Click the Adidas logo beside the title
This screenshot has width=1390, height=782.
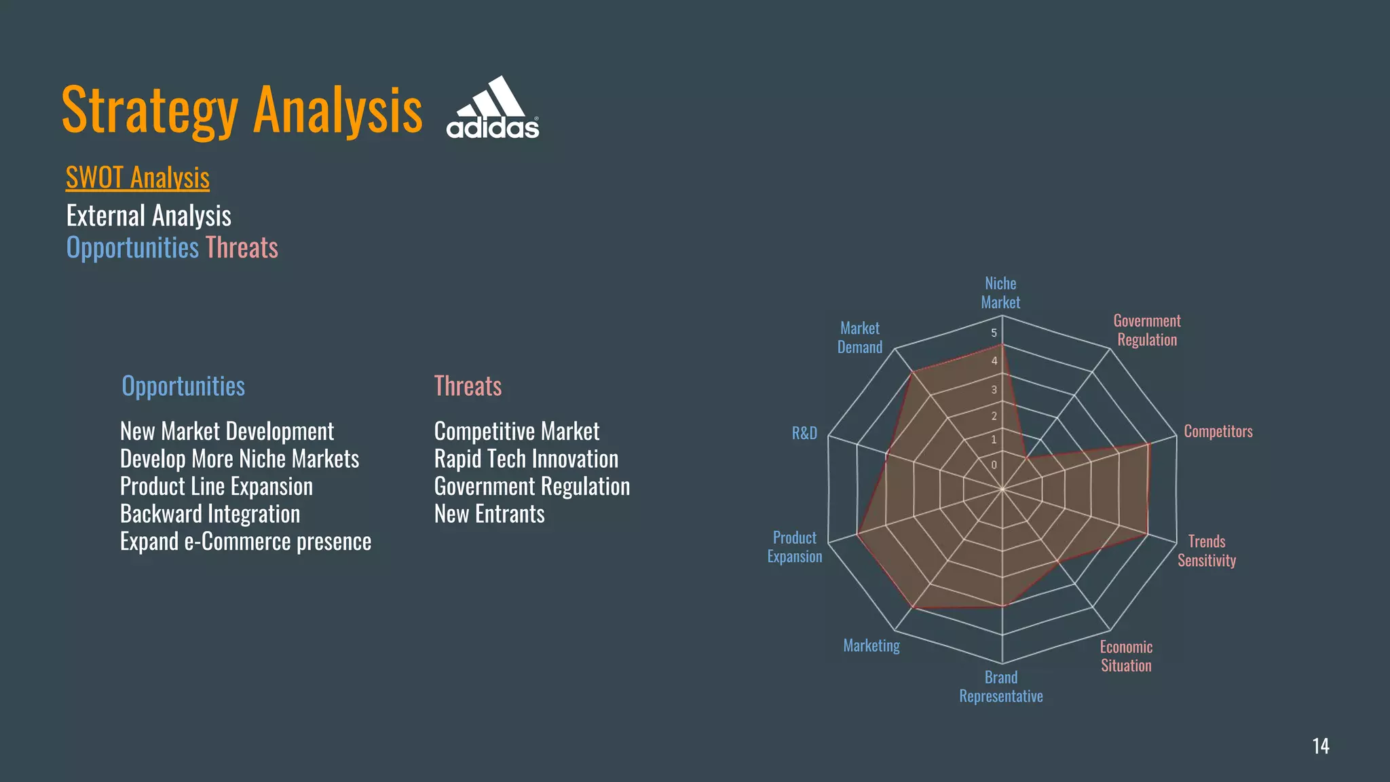pyautogui.click(x=493, y=109)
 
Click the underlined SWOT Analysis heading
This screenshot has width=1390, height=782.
pyautogui.click(x=138, y=178)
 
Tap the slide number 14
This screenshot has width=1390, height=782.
pyautogui.click(x=1320, y=746)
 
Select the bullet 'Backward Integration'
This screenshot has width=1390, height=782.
pyautogui.click(x=210, y=514)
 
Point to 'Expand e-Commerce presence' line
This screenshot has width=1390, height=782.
pyautogui.click(x=246, y=542)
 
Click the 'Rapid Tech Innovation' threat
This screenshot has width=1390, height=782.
pyautogui.click(x=526, y=459)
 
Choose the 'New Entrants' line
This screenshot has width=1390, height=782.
pyautogui.click(x=489, y=514)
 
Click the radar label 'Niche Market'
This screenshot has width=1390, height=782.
pyautogui.click(x=1000, y=293)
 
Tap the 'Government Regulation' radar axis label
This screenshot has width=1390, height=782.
pyautogui.click(x=1147, y=330)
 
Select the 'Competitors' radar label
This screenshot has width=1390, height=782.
pyautogui.click(x=1218, y=431)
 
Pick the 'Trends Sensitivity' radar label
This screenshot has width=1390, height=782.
pyautogui.click(x=1207, y=551)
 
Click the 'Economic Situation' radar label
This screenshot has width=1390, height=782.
pyautogui.click(x=1126, y=656)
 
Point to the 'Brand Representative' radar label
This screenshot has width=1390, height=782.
pyautogui.click(x=1001, y=686)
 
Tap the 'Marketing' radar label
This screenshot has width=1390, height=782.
pyautogui.click(x=871, y=646)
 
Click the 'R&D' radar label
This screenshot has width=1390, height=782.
pyautogui.click(x=804, y=433)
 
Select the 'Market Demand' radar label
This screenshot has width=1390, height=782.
pyautogui.click(x=860, y=337)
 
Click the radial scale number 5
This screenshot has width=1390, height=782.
pyautogui.click(x=994, y=333)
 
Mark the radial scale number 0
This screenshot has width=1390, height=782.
pyautogui.click(x=994, y=465)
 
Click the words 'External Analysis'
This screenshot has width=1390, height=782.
pyautogui.click(x=149, y=216)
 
